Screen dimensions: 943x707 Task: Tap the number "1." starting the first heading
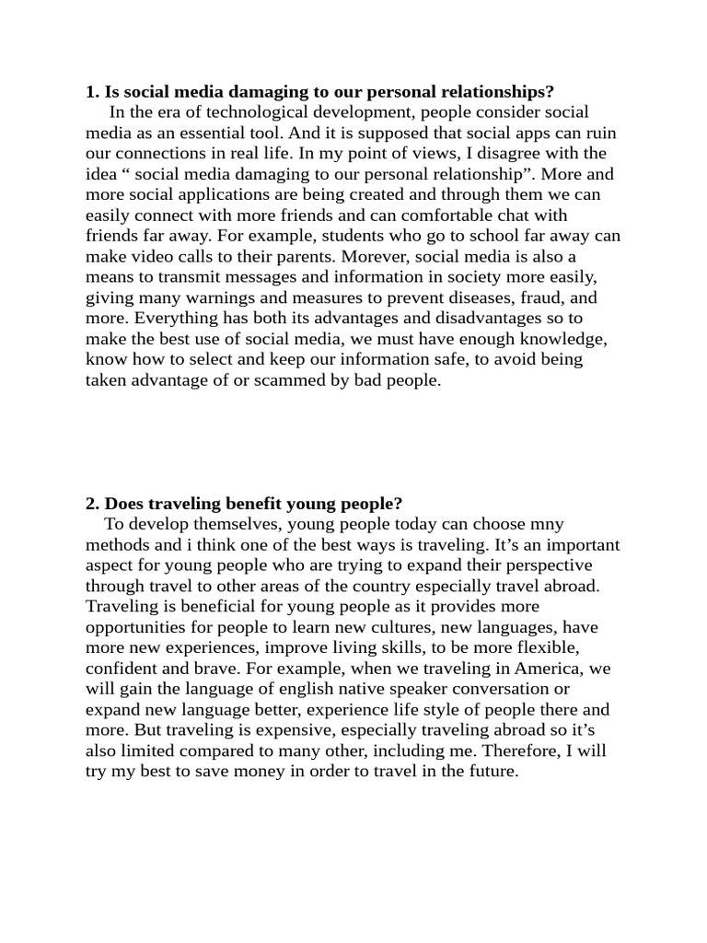tap(92, 92)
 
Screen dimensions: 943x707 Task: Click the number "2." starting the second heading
tap(92, 503)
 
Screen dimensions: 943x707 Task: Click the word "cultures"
tap(404, 626)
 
